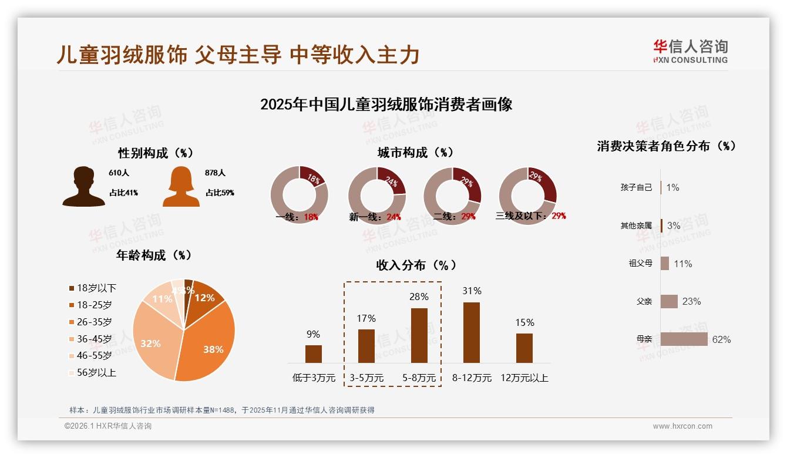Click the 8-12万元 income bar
point(471,332)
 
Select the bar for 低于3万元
point(314,353)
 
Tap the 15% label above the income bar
point(524,322)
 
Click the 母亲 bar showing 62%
point(684,339)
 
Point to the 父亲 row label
point(644,301)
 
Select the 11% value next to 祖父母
point(682,264)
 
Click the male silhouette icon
point(83,187)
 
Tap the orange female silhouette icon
point(181,187)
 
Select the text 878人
point(216,173)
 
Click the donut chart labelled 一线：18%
point(299,195)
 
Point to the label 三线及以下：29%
point(530,215)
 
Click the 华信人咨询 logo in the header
point(690,52)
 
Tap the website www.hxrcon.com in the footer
point(682,426)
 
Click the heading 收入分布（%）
point(416,265)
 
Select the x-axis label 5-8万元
point(419,378)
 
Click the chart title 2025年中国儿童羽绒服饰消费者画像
point(386,105)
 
